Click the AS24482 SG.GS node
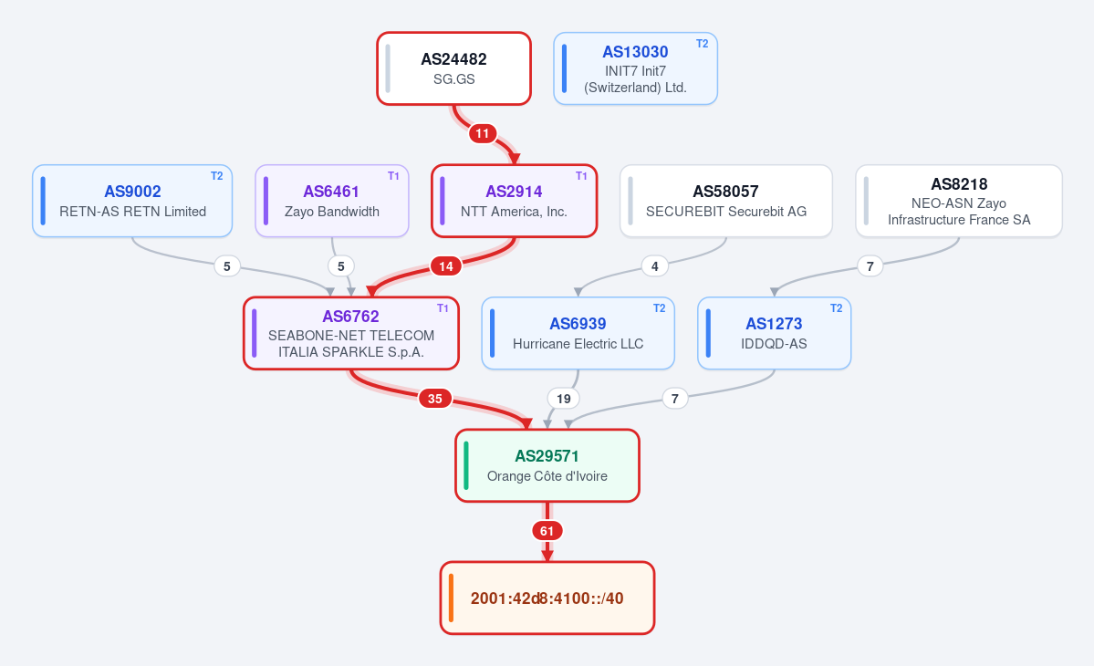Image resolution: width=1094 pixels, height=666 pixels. [x=454, y=68]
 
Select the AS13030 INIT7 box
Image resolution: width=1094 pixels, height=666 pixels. [x=636, y=68]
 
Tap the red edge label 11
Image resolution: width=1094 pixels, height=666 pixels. [x=482, y=133]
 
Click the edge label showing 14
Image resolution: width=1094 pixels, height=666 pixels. [x=446, y=265]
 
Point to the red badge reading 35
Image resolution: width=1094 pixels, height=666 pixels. [x=434, y=398]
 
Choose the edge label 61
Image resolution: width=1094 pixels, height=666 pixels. [x=547, y=531]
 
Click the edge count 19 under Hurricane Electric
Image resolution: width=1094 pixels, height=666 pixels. [x=564, y=398]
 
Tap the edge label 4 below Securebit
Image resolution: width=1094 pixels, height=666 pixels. [x=654, y=265]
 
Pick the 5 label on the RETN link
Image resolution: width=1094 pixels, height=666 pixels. [x=227, y=265]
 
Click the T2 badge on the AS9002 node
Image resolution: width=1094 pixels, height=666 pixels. [x=217, y=176]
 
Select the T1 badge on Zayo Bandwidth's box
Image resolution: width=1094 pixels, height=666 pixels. [x=393, y=176]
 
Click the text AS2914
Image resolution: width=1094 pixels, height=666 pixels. [x=515, y=191]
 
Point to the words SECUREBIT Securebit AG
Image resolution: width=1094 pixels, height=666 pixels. [x=726, y=212]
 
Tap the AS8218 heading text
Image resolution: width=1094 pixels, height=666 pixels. [x=959, y=184]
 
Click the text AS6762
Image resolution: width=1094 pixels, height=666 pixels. [x=351, y=316]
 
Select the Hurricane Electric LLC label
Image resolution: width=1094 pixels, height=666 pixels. [x=578, y=344]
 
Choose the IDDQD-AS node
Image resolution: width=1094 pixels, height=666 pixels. [x=775, y=333]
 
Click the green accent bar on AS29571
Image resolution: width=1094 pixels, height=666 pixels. [x=466, y=465]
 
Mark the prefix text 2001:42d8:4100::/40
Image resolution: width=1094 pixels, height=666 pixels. [x=547, y=598]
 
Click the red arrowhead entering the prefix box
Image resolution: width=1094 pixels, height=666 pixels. [x=547, y=555]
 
